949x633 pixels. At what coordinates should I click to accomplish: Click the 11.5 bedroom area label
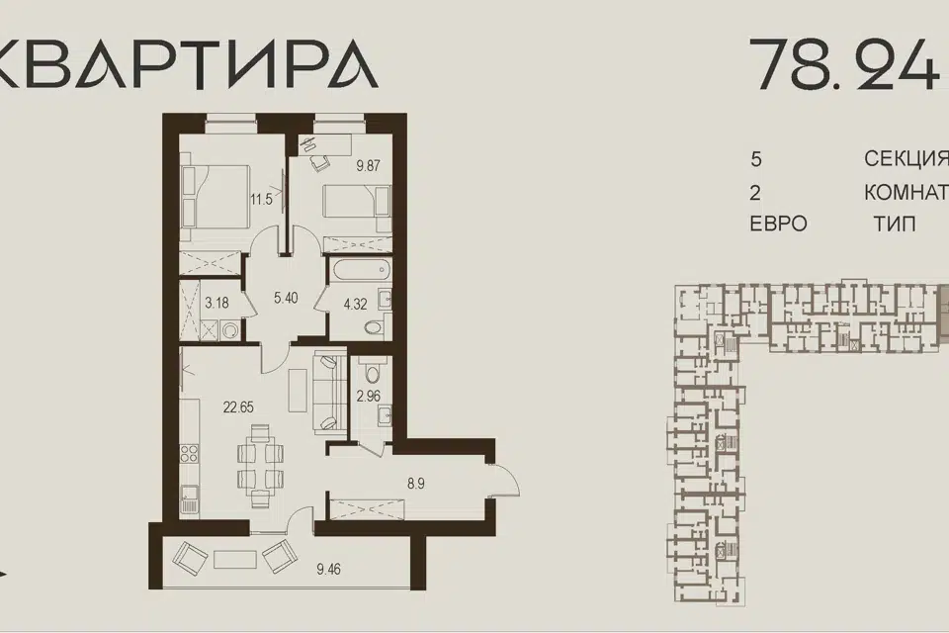click(261, 199)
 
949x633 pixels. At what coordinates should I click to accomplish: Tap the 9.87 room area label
click(368, 165)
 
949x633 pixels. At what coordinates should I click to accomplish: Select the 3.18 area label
click(216, 303)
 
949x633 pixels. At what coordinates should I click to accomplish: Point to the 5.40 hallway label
click(286, 298)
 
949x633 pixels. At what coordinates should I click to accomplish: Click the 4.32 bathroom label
click(355, 304)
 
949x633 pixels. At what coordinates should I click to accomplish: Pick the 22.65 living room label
click(238, 407)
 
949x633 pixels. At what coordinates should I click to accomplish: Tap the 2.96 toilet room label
click(368, 397)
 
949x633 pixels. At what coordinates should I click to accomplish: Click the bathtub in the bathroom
click(357, 270)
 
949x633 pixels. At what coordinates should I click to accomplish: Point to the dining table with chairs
click(260, 465)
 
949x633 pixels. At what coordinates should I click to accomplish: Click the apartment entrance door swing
click(505, 480)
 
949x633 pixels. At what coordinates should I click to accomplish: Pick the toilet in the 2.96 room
click(369, 368)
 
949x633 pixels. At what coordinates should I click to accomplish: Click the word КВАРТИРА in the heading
click(188, 65)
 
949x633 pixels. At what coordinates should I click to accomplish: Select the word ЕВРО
click(778, 224)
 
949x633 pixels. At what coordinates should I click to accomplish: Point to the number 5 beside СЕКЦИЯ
click(756, 160)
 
